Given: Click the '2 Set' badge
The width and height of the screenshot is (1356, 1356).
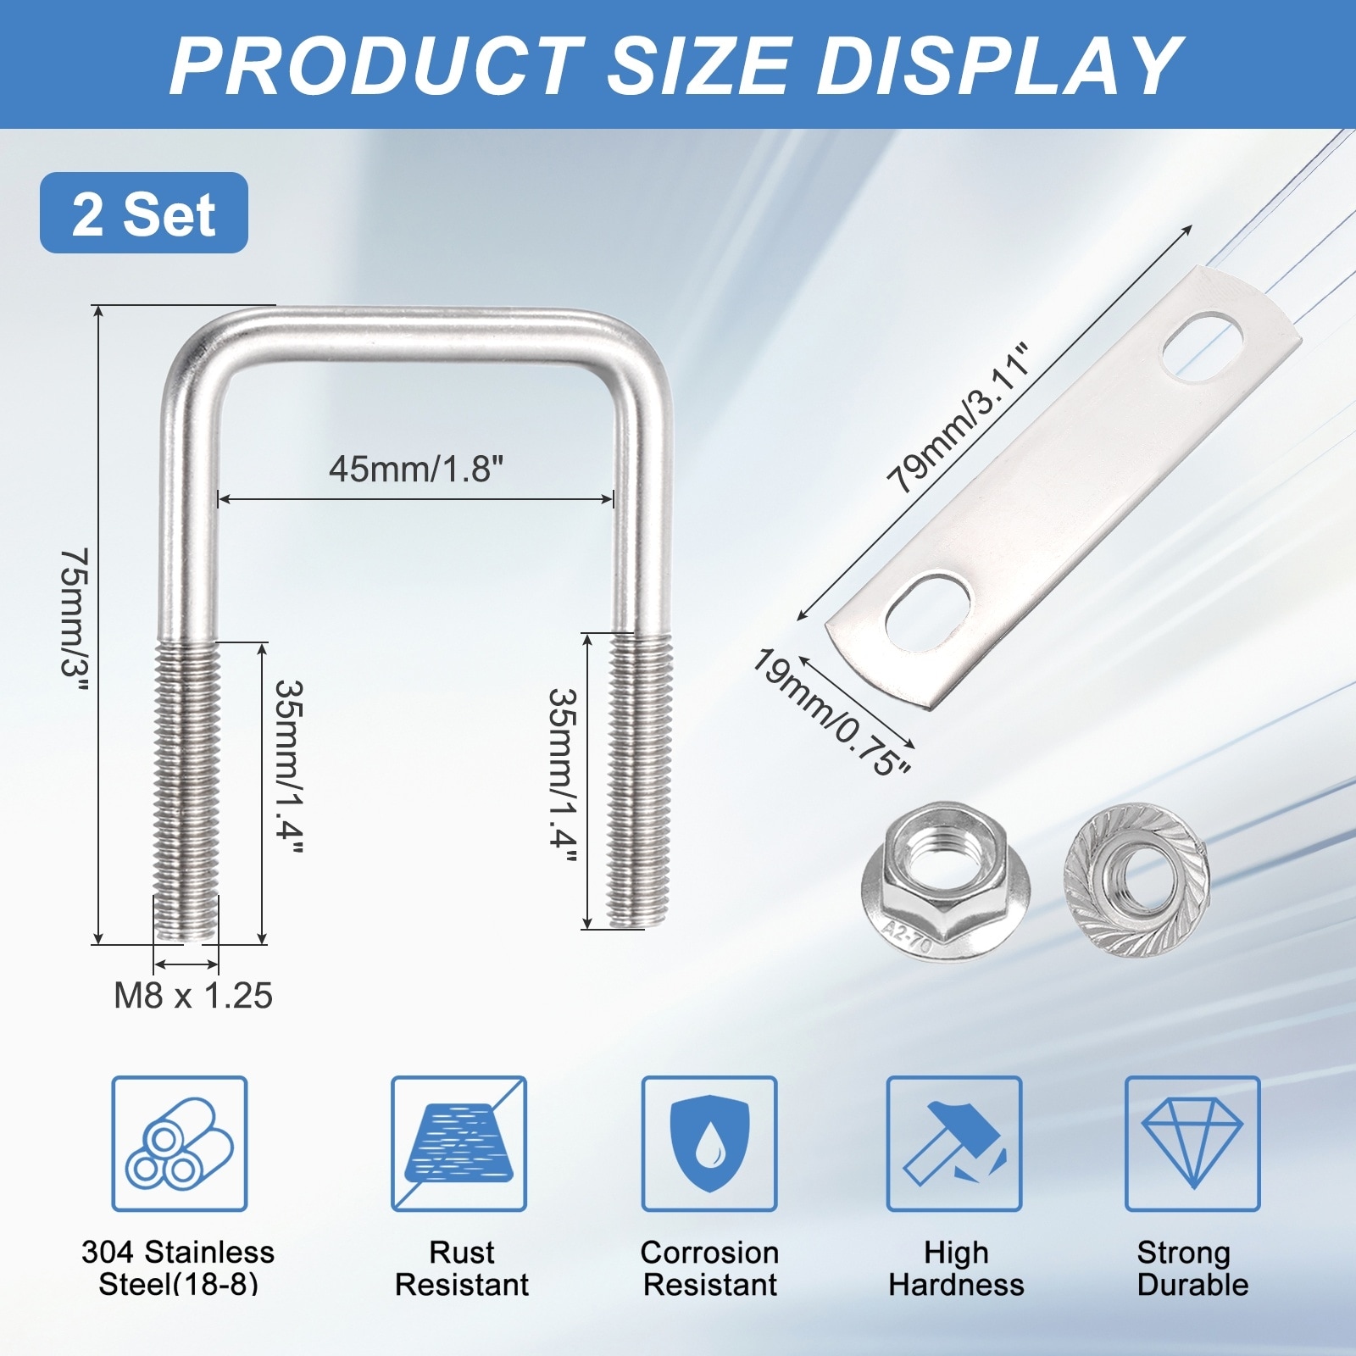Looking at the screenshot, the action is (x=144, y=213).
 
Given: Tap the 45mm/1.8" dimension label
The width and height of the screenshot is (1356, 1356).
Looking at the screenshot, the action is (x=416, y=468).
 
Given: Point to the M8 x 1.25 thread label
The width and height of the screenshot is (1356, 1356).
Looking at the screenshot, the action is (x=193, y=996).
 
